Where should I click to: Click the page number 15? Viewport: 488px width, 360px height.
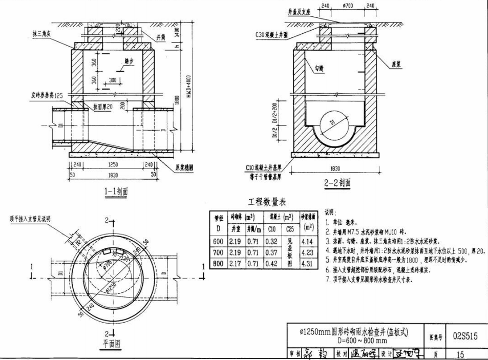click(x=465, y=353)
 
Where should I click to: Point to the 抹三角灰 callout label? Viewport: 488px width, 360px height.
click(x=41, y=33)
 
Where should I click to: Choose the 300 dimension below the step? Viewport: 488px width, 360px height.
click(x=113, y=80)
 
